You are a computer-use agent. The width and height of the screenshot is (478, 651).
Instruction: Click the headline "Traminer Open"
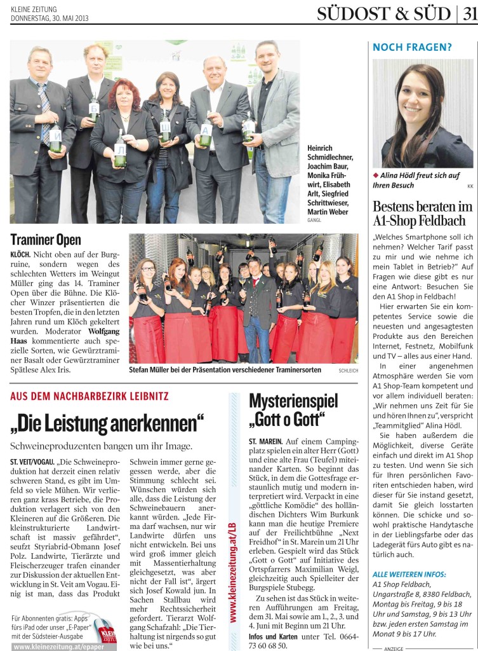(x=46, y=240)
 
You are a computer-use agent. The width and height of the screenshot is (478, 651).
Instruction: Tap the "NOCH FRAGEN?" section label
(x=403, y=47)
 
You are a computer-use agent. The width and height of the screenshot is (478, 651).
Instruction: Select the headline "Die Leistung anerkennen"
(x=108, y=422)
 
